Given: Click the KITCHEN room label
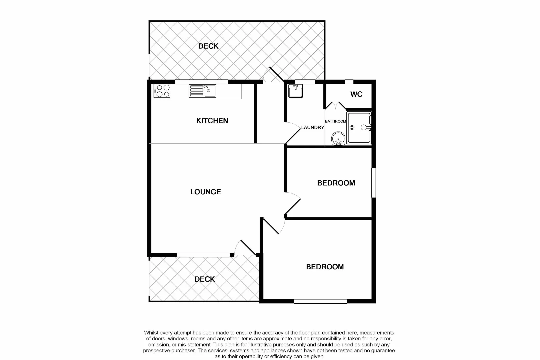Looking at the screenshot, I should (x=212, y=121).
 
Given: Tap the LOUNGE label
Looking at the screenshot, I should (x=205, y=192).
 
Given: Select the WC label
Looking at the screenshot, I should (x=356, y=94).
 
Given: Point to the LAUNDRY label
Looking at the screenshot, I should (x=312, y=127).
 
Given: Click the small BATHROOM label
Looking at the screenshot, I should (x=335, y=121).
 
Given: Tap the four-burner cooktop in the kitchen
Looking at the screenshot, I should (x=162, y=91).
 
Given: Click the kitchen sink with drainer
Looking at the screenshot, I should (x=202, y=91).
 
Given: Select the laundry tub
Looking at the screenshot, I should (x=295, y=91).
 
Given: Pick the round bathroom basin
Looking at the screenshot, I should (x=338, y=139).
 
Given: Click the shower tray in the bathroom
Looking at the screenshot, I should (x=359, y=128).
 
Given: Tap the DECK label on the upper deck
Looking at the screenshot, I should (x=208, y=46).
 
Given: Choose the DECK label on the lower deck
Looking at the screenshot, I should (x=205, y=279).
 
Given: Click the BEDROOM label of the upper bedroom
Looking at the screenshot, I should (x=336, y=183).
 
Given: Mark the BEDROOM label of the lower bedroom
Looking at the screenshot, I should (x=325, y=267).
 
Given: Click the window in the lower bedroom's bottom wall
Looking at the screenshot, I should (x=320, y=301).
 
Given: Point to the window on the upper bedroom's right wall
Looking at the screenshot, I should (x=374, y=183).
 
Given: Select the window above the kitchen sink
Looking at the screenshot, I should (x=202, y=82).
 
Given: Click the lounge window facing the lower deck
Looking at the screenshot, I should (x=203, y=255).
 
